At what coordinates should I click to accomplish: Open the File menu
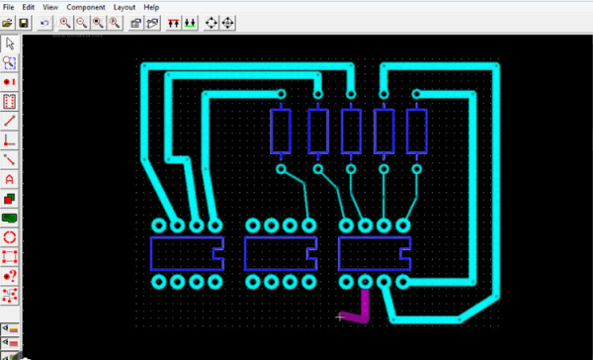pos(9,7)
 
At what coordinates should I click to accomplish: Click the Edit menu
pos(29,7)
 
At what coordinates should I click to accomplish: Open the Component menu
pos(86,7)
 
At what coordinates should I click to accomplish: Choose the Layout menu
pos(124,7)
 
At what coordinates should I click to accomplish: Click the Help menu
pos(151,7)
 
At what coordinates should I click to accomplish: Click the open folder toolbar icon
pos(10,22)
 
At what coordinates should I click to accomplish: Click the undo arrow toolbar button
pos(45,22)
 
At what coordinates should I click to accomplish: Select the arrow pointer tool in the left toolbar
pos(10,44)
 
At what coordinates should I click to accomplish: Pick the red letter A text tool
pos(10,179)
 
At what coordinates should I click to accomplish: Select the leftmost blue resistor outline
pos(281,132)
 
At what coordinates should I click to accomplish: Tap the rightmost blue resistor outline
pos(416,132)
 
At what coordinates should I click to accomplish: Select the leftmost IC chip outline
pos(186,254)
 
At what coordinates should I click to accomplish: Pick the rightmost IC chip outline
pos(374,254)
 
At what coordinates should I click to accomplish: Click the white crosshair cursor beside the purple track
pos(341,317)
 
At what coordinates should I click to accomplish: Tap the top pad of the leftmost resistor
pos(281,96)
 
